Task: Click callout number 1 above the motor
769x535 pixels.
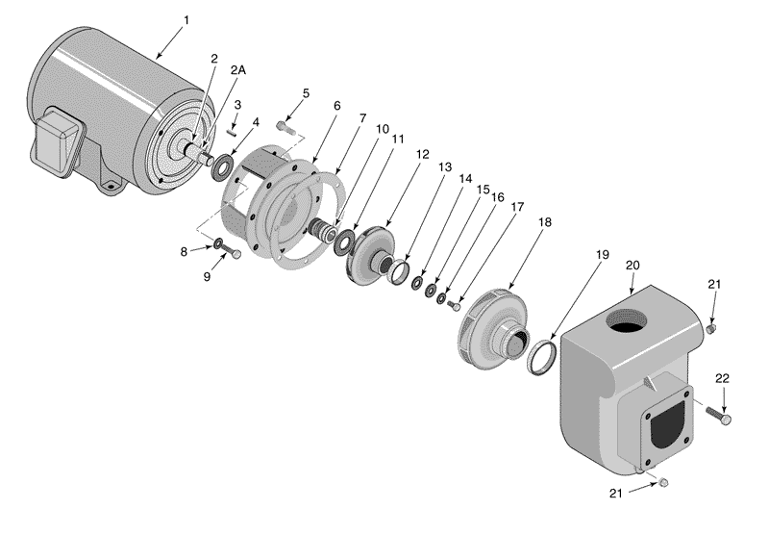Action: click(185, 18)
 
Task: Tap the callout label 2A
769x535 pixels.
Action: click(237, 69)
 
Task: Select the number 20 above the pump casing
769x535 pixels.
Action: click(633, 265)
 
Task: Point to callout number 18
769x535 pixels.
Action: click(545, 222)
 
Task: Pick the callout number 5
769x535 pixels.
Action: click(306, 93)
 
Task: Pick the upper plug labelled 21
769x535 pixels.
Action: click(711, 330)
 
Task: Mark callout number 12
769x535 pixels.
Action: click(423, 154)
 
